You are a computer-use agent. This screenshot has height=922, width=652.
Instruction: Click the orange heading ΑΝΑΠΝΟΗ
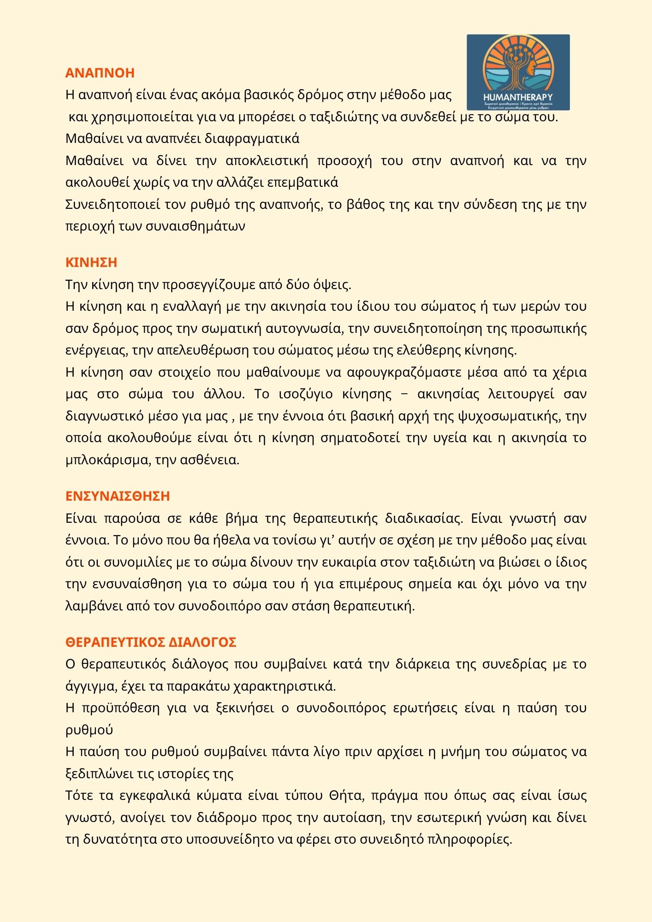(x=100, y=73)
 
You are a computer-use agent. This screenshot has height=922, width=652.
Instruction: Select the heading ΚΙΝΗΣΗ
(x=91, y=262)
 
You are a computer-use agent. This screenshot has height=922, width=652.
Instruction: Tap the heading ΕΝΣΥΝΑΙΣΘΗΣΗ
(x=118, y=496)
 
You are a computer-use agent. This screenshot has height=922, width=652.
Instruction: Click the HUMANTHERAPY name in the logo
(x=518, y=97)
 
